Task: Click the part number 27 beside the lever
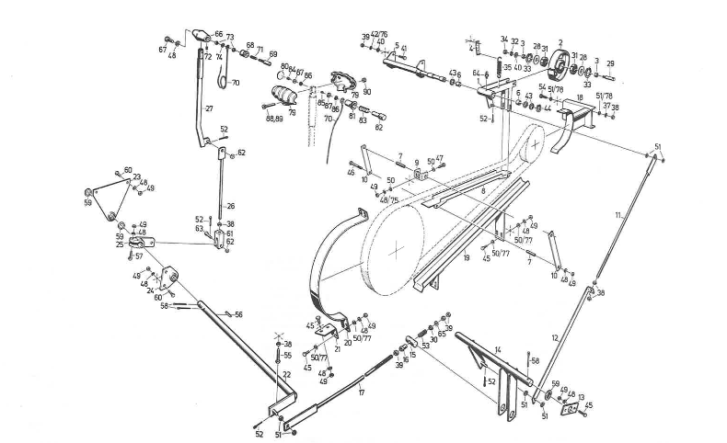tap(209, 108)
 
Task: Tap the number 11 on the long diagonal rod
tap(617, 214)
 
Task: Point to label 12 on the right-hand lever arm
tap(554, 338)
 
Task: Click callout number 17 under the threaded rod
tap(362, 392)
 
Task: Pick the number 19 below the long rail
tap(467, 260)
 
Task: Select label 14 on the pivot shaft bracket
tap(497, 348)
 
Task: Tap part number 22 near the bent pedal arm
tap(286, 374)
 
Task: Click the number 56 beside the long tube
tap(238, 314)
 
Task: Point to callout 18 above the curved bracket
tap(579, 98)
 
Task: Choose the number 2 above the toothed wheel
tap(560, 41)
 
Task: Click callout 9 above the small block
tap(416, 162)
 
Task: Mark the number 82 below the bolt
tap(378, 128)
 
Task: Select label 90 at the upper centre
tap(366, 92)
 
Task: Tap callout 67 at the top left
tap(163, 50)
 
